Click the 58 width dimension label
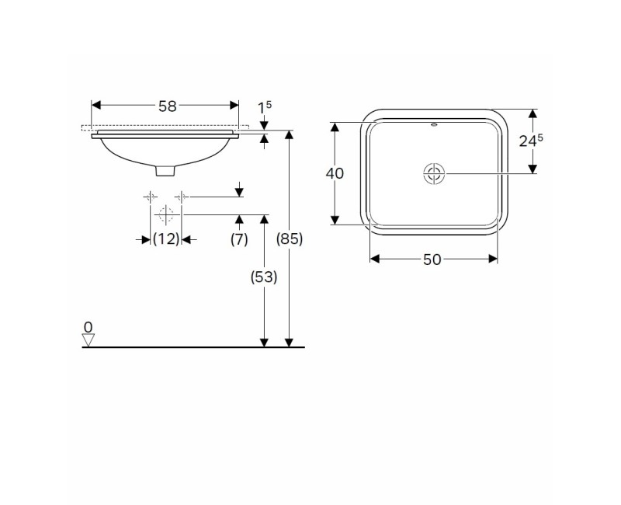(x=167, y=106)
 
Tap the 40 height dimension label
(x=335, y=173)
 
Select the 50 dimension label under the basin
(x=432, y=259)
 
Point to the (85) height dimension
(x=290, y=239)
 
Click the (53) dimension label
(x=264, y=277)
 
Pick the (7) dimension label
(x=239, y=239)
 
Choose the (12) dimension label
(x=166, y=239)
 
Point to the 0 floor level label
(x=88, y=327)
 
